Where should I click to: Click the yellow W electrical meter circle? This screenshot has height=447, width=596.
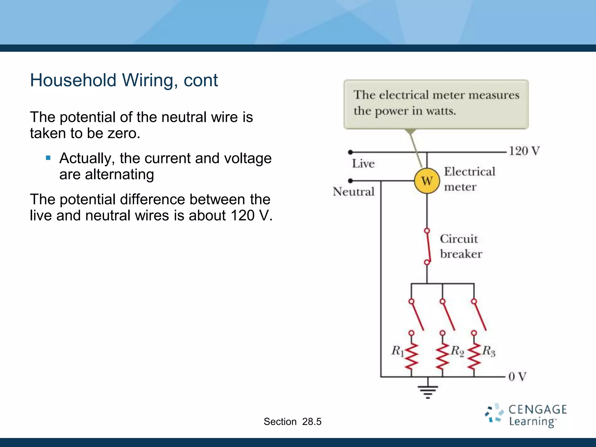click(x=427, y=181)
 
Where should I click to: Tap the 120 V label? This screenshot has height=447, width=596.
click(x=524, y=151)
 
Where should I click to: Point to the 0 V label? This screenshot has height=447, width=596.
click(x=517, y=377)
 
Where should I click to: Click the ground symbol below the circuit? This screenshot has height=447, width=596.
click(x=428, y=390)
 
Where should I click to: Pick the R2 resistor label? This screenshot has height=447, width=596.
click(x=457, y=351)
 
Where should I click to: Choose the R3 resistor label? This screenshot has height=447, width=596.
click(x=489, y=351)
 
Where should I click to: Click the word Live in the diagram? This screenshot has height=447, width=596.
click(x=363, y=164)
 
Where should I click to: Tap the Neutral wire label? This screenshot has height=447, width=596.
click(x=354, y=191)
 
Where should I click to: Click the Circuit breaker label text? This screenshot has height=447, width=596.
click(x=460, y=246)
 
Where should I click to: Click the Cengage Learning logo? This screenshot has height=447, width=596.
click(x=526, y=415)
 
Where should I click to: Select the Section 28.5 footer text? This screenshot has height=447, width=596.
click(x=292, y=421)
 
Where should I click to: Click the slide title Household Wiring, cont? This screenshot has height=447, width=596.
click(x=124, y=80)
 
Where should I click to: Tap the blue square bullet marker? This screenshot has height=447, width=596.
click(x=48, y=158)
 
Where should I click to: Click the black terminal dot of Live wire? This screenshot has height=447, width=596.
click(x=350, y=152)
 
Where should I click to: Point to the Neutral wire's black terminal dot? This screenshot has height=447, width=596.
click(x=350, y=181)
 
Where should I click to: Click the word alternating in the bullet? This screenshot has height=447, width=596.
click(x=119, y=175)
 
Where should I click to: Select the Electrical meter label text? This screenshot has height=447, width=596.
click(x=469, y=179)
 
